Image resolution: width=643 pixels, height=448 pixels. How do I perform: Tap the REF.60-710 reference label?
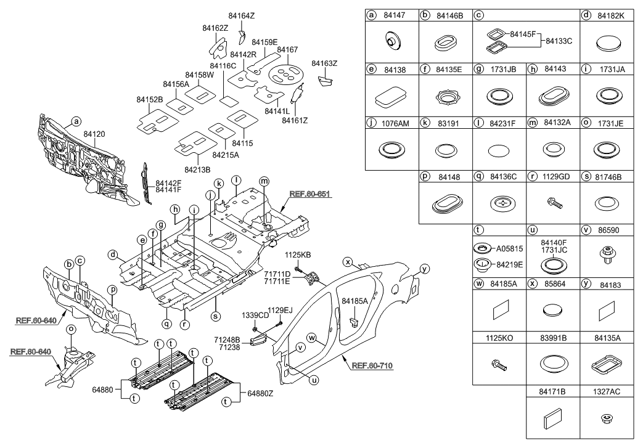(x=372, y=365)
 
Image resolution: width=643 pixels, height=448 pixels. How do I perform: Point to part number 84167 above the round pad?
(x=287, y=49)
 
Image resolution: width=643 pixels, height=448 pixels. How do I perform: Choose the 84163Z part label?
(x=324, y=63)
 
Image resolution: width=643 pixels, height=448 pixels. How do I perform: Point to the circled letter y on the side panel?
(x=424, y=268)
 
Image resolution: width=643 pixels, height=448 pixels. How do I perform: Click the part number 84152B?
(x=149, y=99)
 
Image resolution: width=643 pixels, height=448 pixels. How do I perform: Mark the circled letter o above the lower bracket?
(x=71, y=329)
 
